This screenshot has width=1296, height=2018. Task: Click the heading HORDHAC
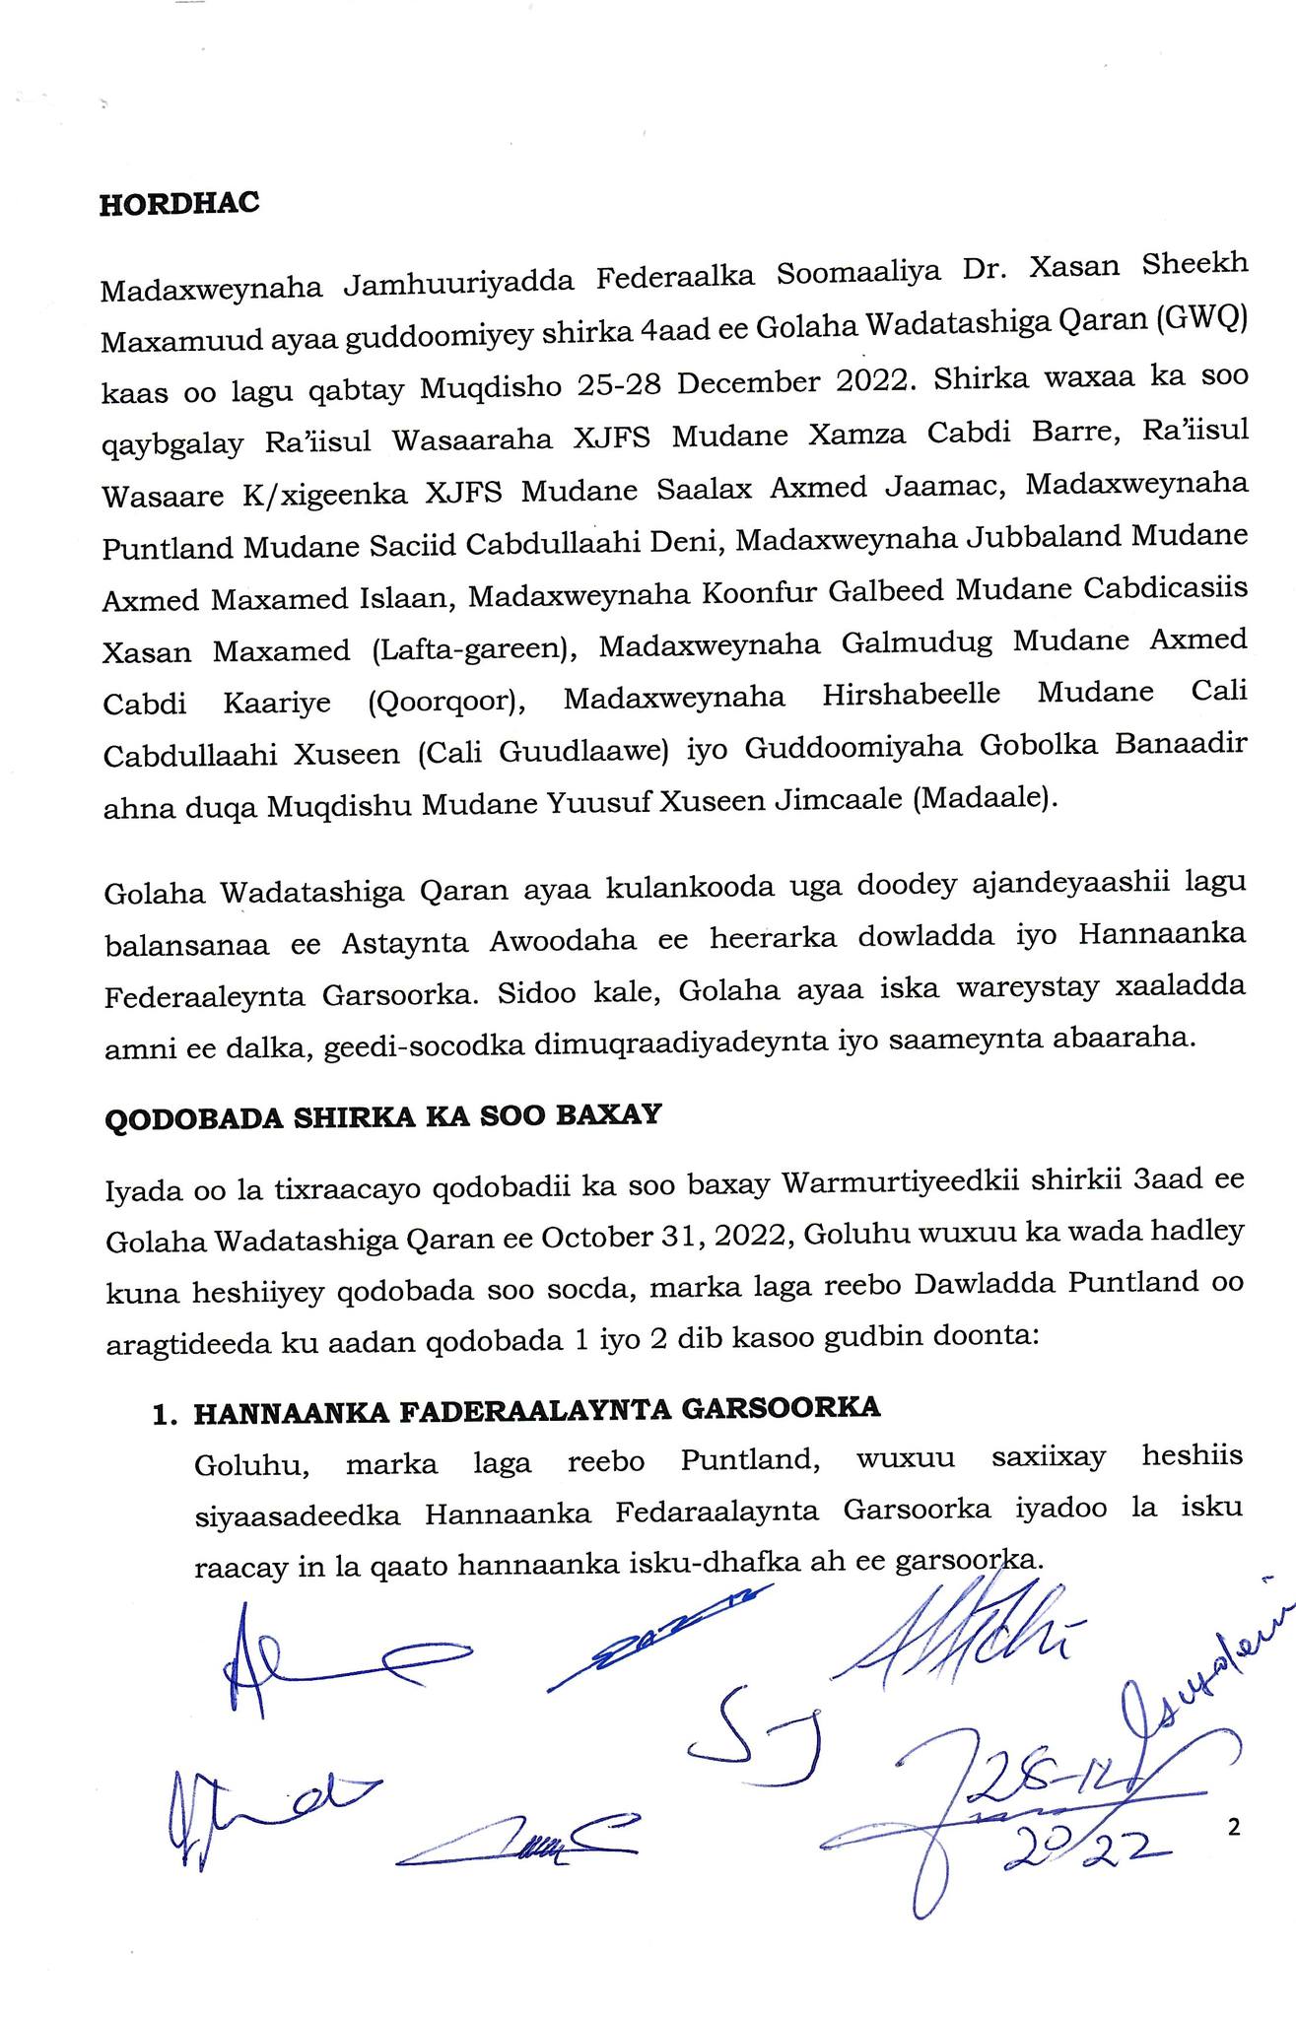179,203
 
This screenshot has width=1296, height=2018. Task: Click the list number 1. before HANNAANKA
165,1416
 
